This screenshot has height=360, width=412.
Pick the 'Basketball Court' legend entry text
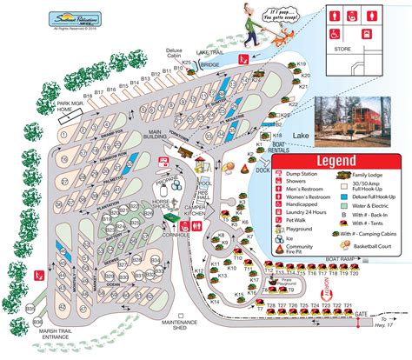click(x=373, y=244)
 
